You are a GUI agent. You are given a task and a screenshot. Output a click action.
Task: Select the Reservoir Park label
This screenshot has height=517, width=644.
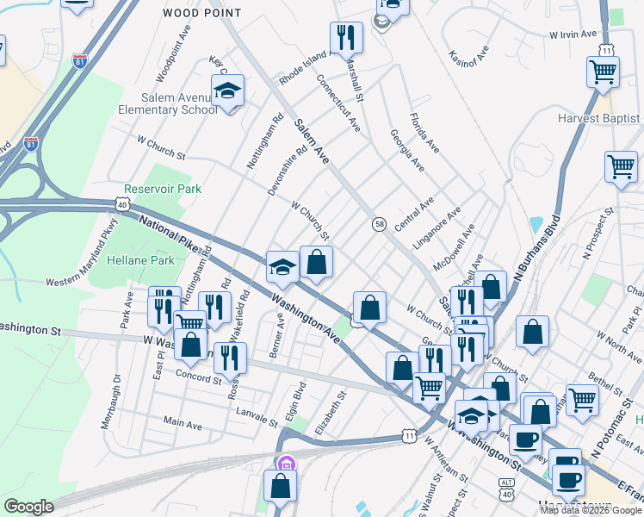point(163,188)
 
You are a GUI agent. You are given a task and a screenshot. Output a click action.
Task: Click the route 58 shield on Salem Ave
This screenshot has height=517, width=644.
point(379,224)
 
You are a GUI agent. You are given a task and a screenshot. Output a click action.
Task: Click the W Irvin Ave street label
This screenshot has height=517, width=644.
point(573,34)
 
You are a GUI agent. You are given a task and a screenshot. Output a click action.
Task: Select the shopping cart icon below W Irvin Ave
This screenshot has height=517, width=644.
point(603,72)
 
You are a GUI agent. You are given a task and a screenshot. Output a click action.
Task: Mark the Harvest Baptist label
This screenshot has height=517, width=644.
point(598,118)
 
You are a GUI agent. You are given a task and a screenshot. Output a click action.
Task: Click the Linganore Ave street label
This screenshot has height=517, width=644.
point(437,227)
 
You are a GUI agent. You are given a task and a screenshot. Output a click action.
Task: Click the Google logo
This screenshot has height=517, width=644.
point(28,507)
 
